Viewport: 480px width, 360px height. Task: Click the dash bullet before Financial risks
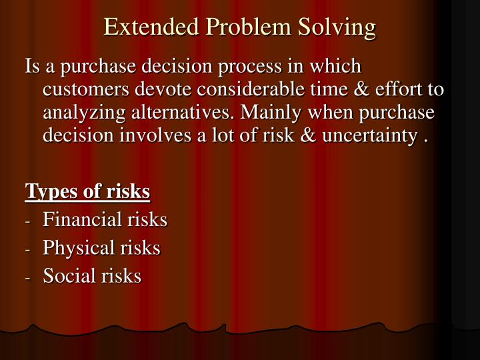click(29, 221)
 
